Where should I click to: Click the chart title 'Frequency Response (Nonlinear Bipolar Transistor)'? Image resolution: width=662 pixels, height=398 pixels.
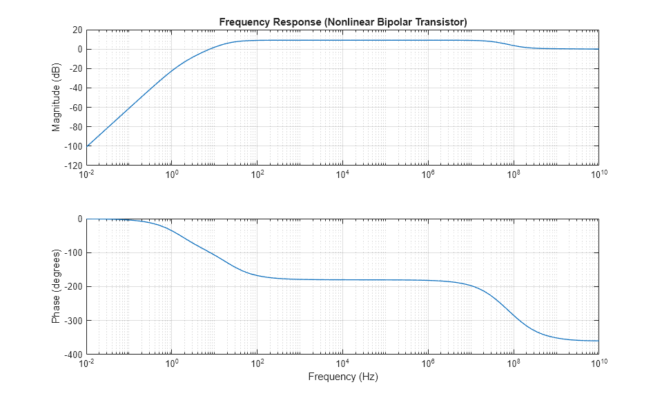343,22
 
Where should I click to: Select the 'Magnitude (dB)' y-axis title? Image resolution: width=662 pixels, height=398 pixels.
56,97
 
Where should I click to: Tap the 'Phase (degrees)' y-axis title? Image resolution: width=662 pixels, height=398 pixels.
56,287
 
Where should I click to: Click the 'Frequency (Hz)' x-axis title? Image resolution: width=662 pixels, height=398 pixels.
343,377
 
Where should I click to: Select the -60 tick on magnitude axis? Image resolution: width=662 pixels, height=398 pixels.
75,108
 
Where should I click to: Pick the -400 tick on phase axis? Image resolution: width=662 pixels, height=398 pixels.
73,355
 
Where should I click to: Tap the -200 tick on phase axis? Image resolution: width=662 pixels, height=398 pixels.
73,287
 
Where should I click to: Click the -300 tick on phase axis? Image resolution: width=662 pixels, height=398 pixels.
73,321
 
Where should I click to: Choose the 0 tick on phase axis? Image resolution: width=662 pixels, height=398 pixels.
80,219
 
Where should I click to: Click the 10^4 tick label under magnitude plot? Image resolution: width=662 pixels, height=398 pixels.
342,175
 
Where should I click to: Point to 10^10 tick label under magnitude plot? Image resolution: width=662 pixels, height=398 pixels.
598,175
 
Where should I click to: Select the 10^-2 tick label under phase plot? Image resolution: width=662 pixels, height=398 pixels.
87,364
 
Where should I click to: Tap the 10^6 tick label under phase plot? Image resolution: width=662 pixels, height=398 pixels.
428,364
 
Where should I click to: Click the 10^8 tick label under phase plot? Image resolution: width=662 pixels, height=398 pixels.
513,364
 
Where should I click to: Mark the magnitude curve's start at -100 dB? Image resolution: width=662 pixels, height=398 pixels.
88,146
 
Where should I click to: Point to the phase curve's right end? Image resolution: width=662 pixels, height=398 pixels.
598,341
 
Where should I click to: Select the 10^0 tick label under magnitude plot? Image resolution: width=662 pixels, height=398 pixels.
172,175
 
